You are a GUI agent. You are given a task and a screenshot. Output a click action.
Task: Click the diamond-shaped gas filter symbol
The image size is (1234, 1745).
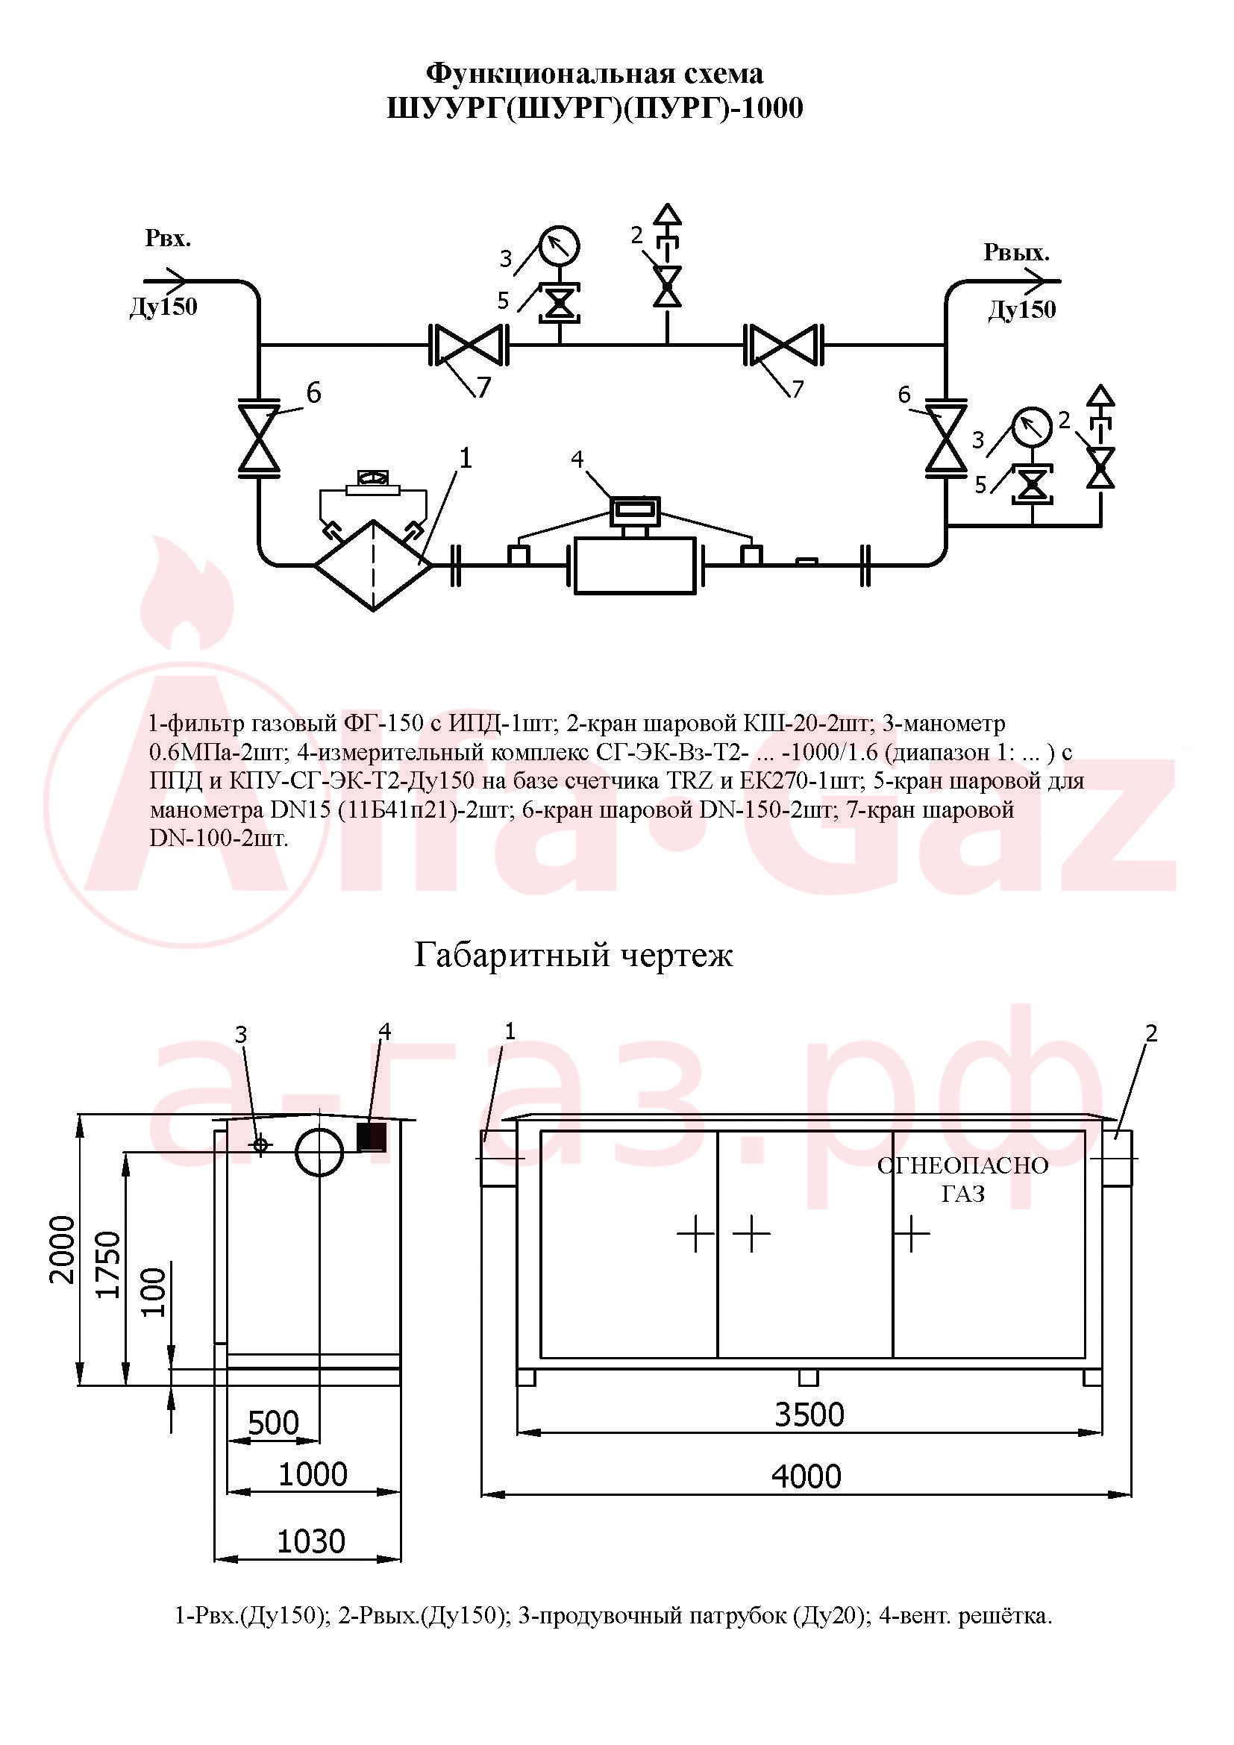(x=373, y=566)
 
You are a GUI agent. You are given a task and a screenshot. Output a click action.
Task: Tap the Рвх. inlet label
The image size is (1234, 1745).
(x=168, y=239)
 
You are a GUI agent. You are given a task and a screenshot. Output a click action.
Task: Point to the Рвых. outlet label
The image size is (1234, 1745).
(x=1016, y=252)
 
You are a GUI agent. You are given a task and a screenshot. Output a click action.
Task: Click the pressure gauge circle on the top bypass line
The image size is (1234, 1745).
(x=560, y=245)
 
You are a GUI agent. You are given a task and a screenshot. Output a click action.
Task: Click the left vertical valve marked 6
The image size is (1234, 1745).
(x=259, y=439)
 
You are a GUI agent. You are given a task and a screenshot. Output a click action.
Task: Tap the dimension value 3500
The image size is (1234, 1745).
(x=809, y=1415)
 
